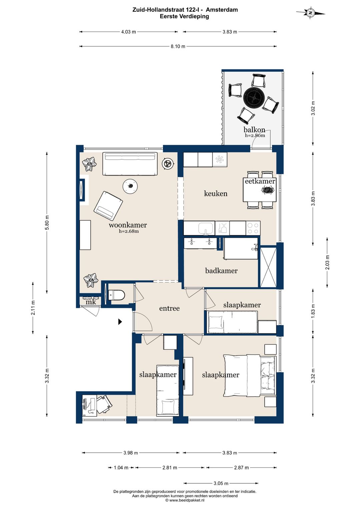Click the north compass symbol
(x=310, y=13)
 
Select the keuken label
(x=216, y=193)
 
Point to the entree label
(x=169, y=308)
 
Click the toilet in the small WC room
(x=117, y=295)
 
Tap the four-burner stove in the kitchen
(x=253, y=228)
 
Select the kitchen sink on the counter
(x=206, y=228)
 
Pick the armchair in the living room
(x=108, y=206)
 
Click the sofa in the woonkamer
(x=130, y=163)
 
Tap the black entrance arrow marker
(x=120, y=322)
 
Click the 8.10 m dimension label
(x=178, y=46)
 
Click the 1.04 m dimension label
(x=121, y=467)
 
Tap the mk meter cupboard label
(x=91, y=302)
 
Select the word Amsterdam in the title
(x=222, y=10)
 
